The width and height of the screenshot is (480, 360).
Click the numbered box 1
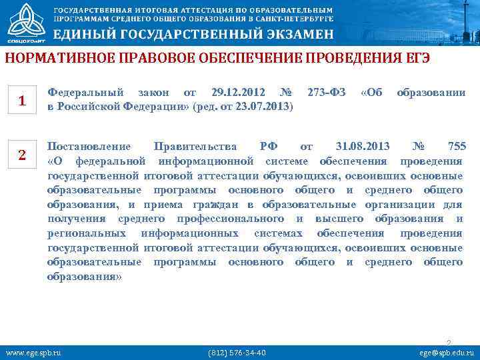coord(22,101)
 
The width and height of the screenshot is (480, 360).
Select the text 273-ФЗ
coord(327,92)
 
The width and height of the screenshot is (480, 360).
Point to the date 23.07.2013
coord(263,106)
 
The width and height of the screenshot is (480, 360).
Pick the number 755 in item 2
coord(457,147)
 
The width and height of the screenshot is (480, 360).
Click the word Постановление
coord(89,147)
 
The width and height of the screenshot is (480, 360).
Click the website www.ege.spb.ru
coord(33,352)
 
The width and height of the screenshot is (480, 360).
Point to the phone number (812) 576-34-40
coord(237,352)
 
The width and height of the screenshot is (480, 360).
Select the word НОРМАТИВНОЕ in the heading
coord(51,58)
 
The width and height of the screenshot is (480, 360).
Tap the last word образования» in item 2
coord(85,276)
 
